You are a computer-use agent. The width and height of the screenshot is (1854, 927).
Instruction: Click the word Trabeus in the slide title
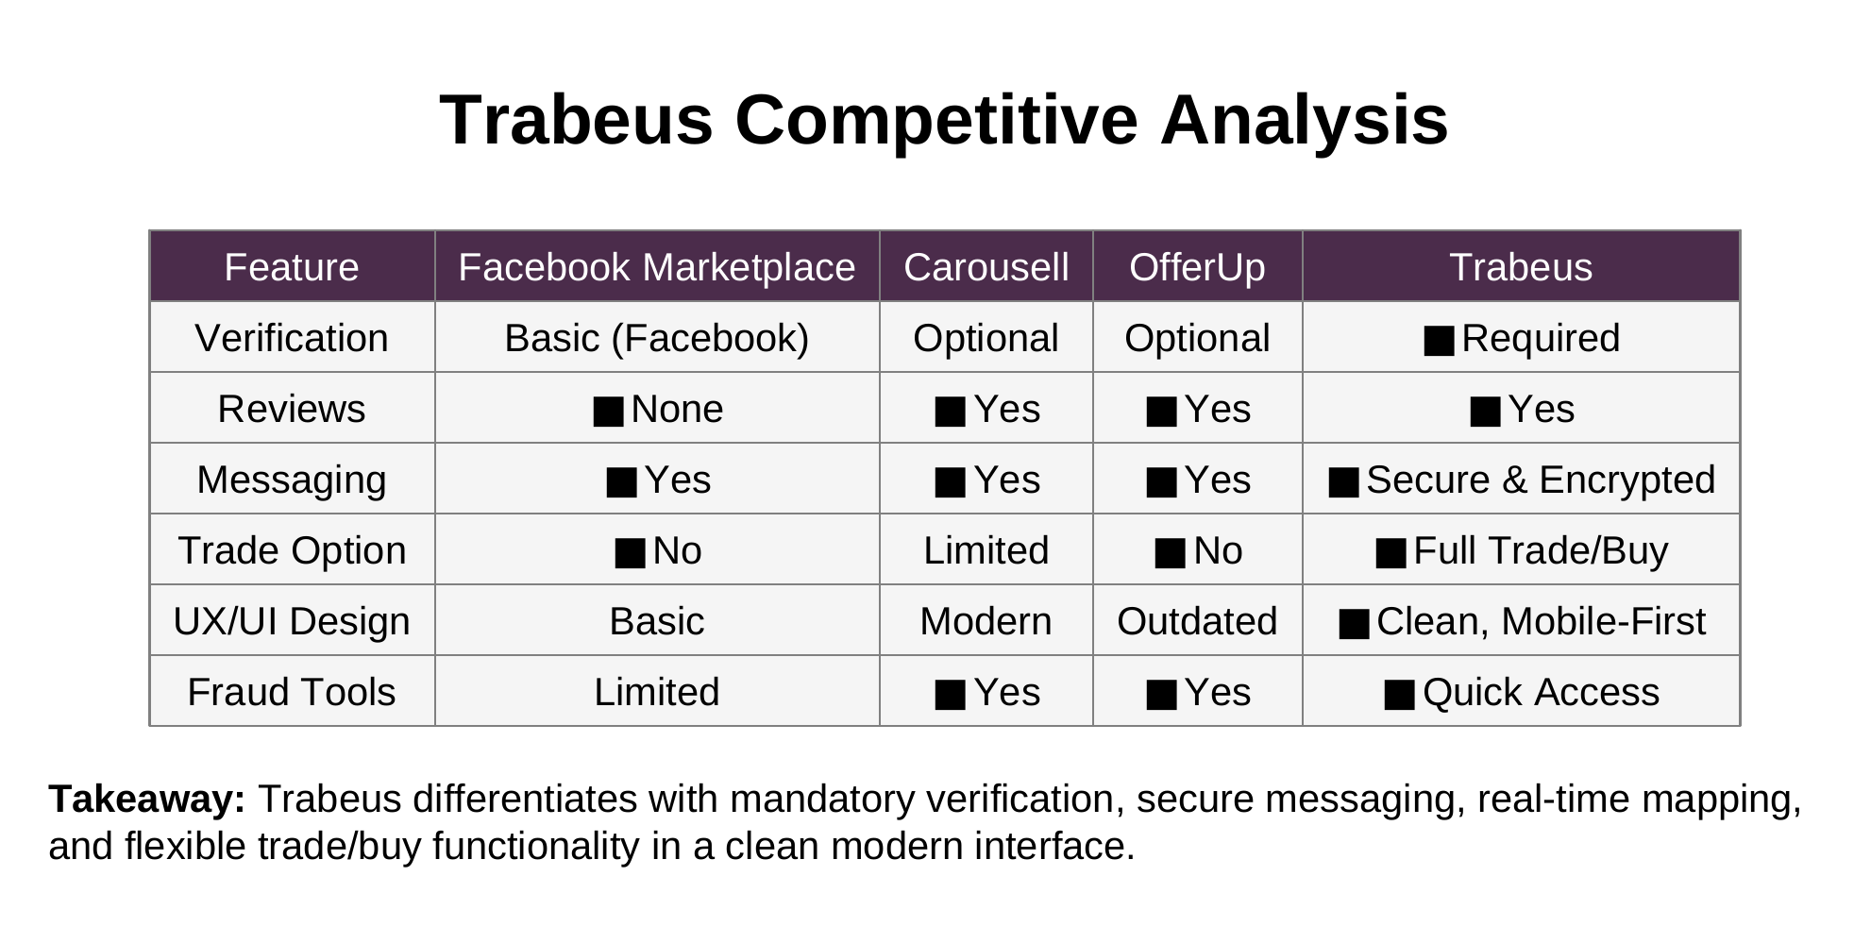[576, 121]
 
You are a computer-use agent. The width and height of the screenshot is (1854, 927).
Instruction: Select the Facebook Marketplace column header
[657, 267]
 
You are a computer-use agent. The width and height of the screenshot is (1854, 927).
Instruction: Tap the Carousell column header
[986, 267]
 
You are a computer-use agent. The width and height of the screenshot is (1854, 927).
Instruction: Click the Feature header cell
[292, 267]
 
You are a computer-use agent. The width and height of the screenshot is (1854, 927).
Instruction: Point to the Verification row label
[292, 338]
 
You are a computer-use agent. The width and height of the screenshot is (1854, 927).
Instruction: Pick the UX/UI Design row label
[292, 621]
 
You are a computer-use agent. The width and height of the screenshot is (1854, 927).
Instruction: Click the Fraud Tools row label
[292, 692]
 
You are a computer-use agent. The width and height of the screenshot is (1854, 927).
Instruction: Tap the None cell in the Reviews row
[658, 409]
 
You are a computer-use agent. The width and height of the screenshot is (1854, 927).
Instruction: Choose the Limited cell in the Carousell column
[986, 550]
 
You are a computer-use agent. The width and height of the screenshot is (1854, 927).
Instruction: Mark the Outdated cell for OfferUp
[1197, 621]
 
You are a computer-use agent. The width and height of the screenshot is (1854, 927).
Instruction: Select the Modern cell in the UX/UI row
[986, 621]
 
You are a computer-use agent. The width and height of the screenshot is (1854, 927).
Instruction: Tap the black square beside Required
[1439, 341]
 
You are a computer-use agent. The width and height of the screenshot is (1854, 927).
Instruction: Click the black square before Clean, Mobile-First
[1354, 624]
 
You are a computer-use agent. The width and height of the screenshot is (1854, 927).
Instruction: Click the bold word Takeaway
[147, 800]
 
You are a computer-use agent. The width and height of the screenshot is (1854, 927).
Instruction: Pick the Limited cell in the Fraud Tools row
[657, 692]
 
